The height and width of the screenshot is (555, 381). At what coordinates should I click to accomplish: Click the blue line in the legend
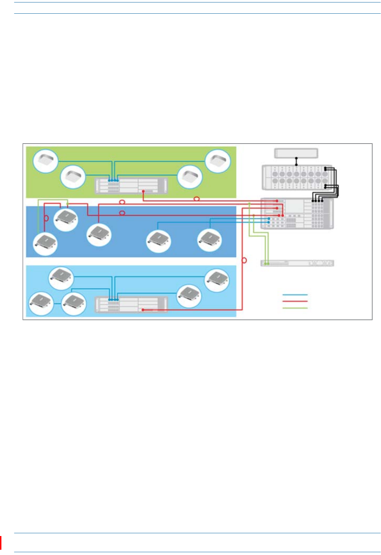coord(295,295)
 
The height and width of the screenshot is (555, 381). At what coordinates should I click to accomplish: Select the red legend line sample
coord(295,301)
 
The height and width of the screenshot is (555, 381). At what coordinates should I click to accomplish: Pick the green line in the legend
coord(295,308)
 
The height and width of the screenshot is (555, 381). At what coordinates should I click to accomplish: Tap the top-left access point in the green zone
coord(45,161)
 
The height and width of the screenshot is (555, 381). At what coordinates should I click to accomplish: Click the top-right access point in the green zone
coord(218,161)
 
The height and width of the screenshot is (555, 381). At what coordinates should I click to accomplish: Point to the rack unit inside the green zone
coord(131,186)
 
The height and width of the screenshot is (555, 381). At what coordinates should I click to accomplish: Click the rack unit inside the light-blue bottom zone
coord(131,304)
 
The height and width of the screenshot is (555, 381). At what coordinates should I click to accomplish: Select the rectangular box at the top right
coord(296,153)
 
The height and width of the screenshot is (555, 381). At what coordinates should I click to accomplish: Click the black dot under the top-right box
coord(296,164)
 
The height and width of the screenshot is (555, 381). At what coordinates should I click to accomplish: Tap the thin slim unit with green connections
coord(297,263)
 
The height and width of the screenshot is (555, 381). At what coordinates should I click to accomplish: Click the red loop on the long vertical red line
coord(244,260)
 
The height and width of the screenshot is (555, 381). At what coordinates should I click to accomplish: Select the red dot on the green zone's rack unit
coord(143,191)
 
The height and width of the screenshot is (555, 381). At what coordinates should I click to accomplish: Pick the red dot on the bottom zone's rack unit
coord(143,310)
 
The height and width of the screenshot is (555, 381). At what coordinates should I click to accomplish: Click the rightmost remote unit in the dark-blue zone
coord(209,240)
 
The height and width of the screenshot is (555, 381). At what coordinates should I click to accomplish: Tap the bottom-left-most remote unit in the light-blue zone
coord(41,303)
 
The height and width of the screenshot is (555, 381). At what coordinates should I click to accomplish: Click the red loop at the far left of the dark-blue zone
coord(46,218)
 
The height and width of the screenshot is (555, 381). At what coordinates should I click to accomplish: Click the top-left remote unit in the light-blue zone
coord(61,278)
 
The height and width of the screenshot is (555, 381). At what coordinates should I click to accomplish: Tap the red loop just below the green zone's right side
coord(197,199)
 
